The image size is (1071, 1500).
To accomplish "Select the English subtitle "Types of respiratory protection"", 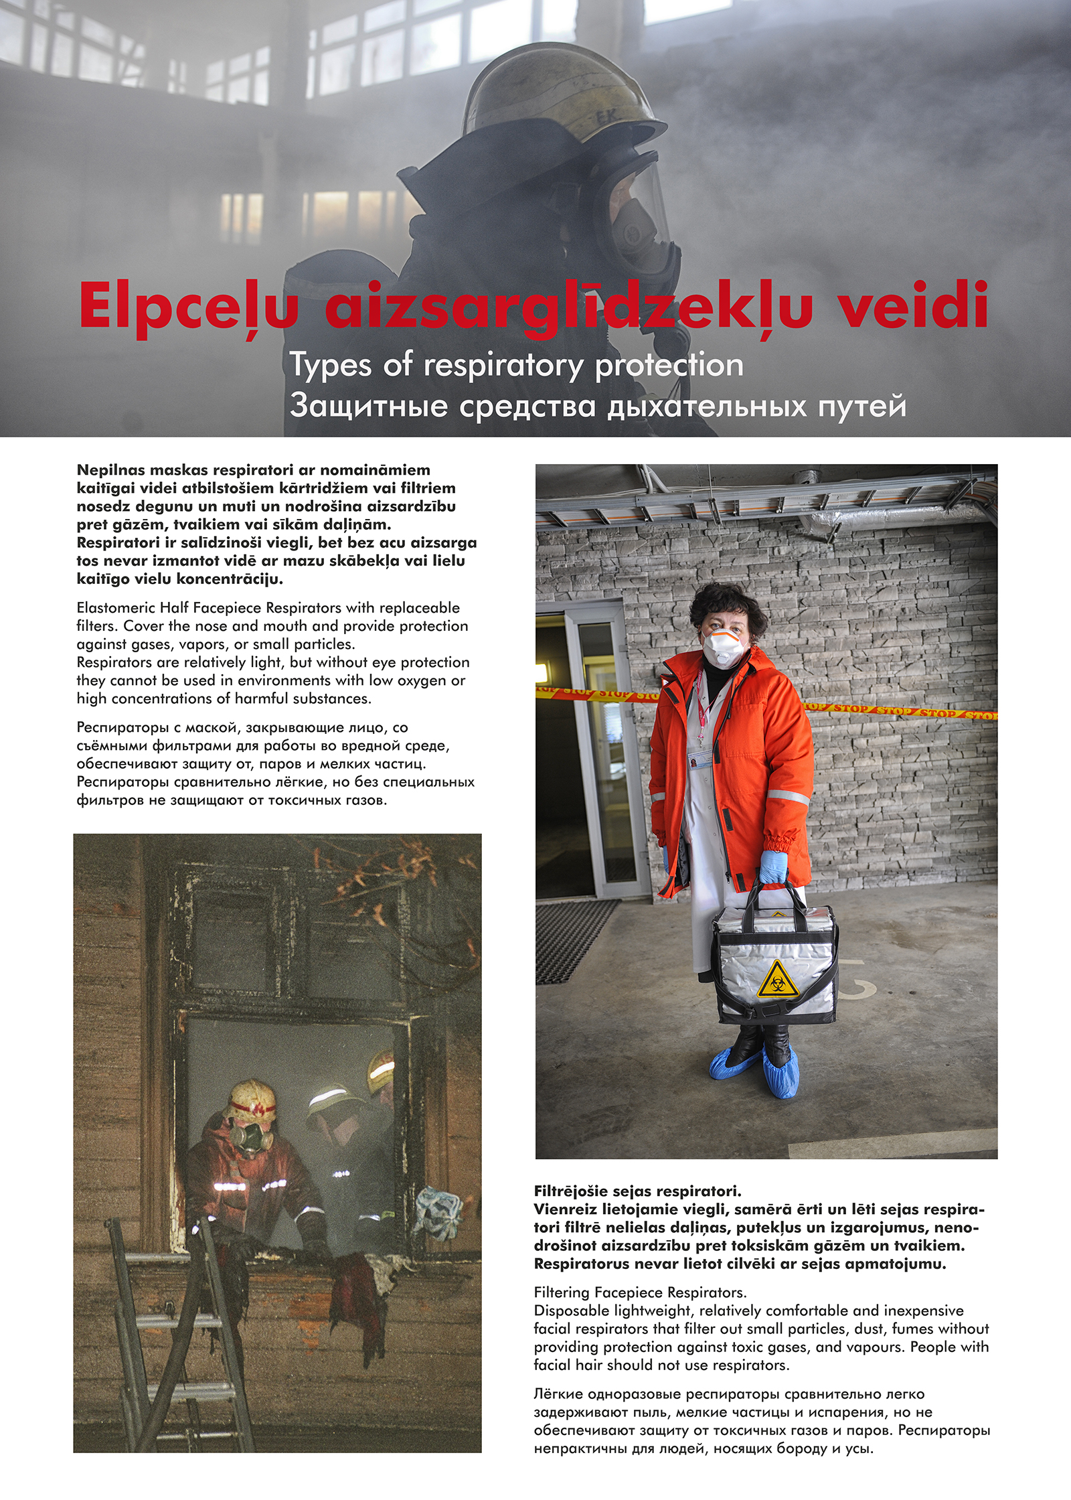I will pos(516,366).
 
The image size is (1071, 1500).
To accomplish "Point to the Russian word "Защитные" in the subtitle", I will pos(368,406).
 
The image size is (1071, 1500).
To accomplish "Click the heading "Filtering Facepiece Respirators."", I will pos(640,1292).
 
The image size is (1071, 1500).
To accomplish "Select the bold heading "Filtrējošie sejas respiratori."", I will pos(637,1191).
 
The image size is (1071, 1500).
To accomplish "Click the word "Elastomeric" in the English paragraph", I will pos(115,608).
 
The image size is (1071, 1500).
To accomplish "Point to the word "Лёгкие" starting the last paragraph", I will pos(558,1394).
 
